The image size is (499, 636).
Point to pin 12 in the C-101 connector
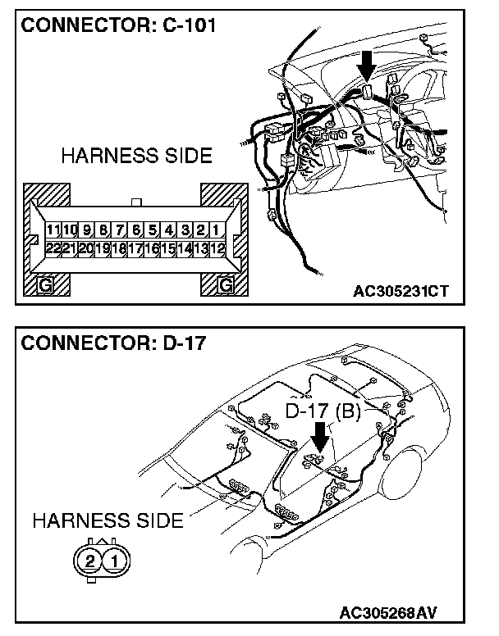[217, 247]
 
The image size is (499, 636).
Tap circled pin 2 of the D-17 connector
[89, 561]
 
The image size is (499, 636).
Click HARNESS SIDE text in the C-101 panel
[135, 156]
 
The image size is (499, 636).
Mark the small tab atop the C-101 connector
[137, 201]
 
